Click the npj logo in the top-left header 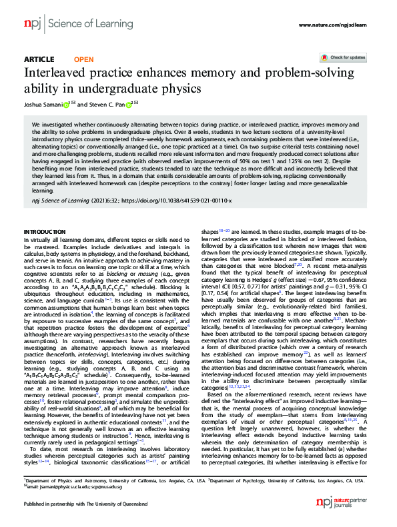point(31,25)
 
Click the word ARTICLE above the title point(39,59)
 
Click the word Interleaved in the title point(57,73)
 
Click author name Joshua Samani point(42,104)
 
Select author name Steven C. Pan point(109,104)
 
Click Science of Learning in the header point(73,25)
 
